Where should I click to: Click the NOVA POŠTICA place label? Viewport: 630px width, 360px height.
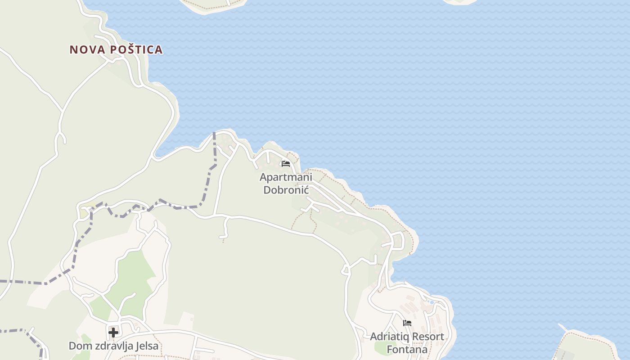coord(116,49)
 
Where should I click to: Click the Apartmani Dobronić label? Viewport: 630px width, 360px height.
coord(286,183)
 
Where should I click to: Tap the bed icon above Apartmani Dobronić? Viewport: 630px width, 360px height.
coord(286,163)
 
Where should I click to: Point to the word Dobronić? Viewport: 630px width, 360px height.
coord(286,189)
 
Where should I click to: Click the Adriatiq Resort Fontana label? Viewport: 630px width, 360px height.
coord(407,343)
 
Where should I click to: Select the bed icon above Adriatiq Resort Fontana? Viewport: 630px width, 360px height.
coord(407,323)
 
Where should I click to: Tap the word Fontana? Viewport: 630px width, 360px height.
coord(407,350)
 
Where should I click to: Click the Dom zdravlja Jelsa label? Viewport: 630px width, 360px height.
coord(113,346)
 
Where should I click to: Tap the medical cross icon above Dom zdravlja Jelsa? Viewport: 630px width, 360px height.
coord(113,333)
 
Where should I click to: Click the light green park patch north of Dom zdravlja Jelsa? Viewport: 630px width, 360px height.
coord(130,279)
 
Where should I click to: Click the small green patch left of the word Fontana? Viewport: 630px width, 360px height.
coord(380,347)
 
